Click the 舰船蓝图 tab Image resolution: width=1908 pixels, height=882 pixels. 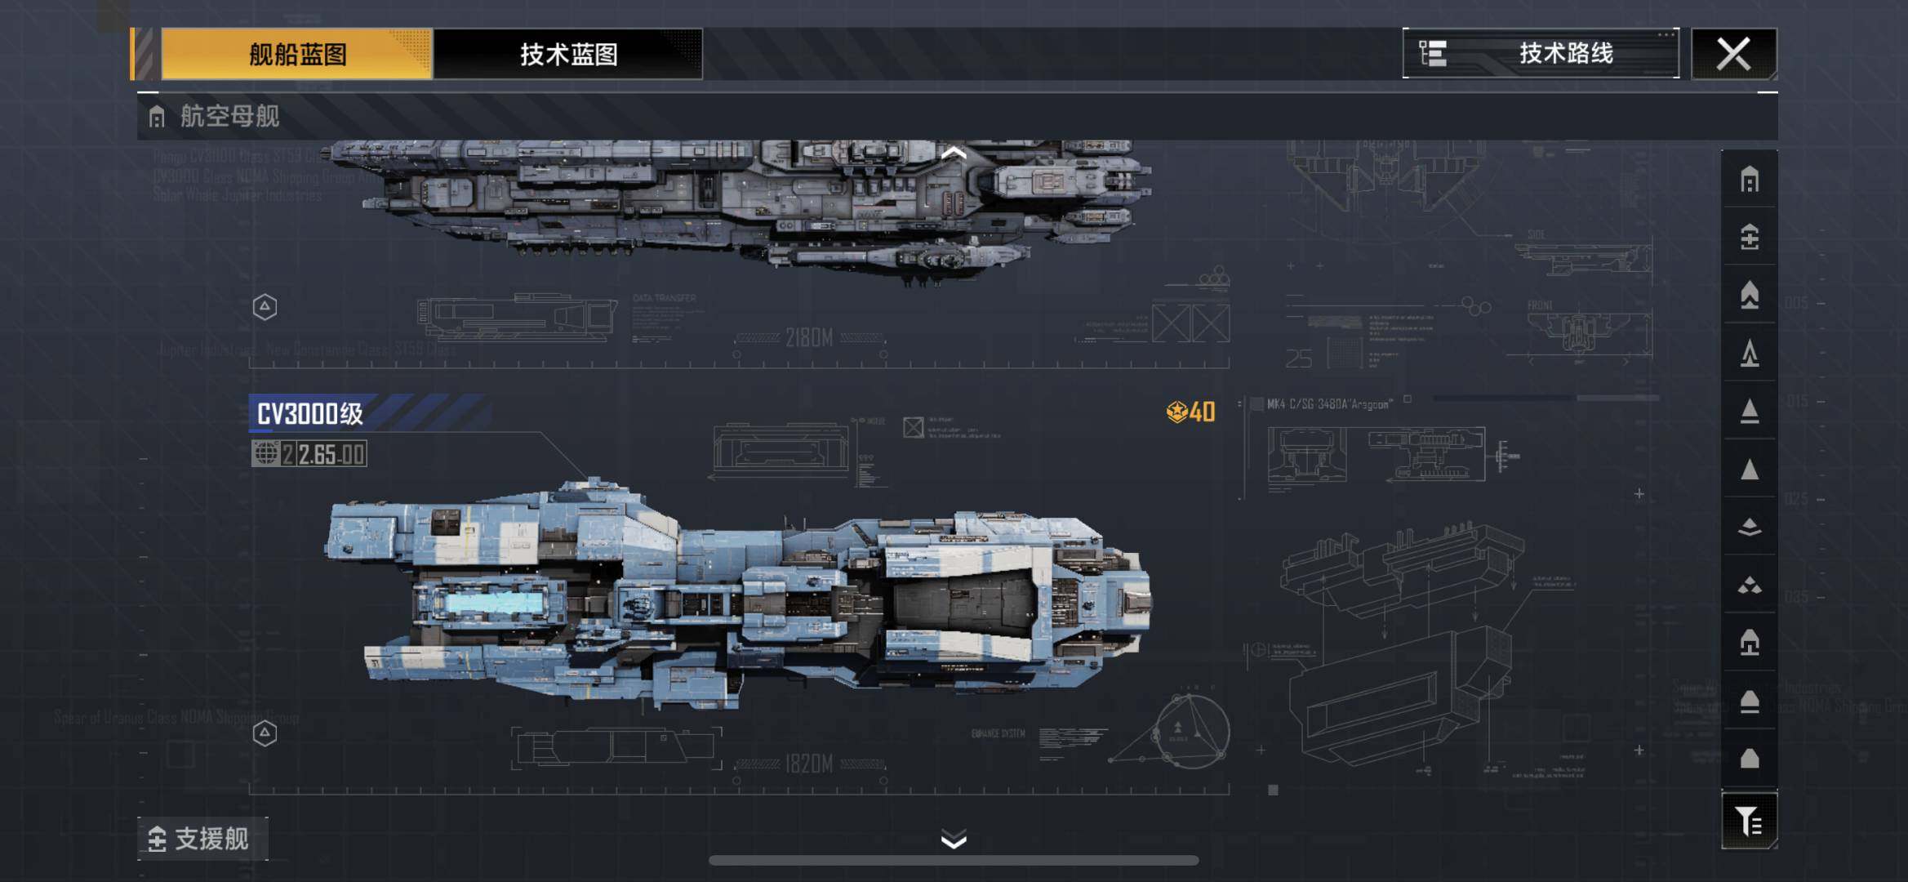pos(296,54)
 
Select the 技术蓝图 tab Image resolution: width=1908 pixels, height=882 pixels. pos(568,54)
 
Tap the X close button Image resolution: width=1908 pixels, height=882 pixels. pos(1733,54)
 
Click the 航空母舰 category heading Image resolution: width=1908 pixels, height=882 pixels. pos(229,116)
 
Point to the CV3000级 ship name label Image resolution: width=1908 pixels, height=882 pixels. pos(310,414)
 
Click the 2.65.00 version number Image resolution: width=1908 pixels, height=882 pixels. pos(331,454)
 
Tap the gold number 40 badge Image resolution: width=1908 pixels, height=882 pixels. pos(1191,412)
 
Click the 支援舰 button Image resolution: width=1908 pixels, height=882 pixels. pos(202,839)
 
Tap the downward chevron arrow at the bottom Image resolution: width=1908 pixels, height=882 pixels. pos(954,840)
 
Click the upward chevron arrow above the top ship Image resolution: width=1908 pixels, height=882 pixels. pos(954,153)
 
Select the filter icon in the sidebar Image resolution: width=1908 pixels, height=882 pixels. pos(1750,821)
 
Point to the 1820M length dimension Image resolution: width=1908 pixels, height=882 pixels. pos(809,764)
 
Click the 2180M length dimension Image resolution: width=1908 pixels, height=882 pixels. pos(809,337)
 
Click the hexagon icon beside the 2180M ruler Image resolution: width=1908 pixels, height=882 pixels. pos(265,307)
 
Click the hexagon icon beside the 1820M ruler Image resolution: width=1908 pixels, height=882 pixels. pos(265,733)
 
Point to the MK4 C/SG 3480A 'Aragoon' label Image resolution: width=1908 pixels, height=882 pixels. pos(1328,404)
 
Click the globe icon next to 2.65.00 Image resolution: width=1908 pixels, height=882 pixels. pos(265,453)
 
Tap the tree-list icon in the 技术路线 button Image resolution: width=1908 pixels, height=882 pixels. pos(1433,54)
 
